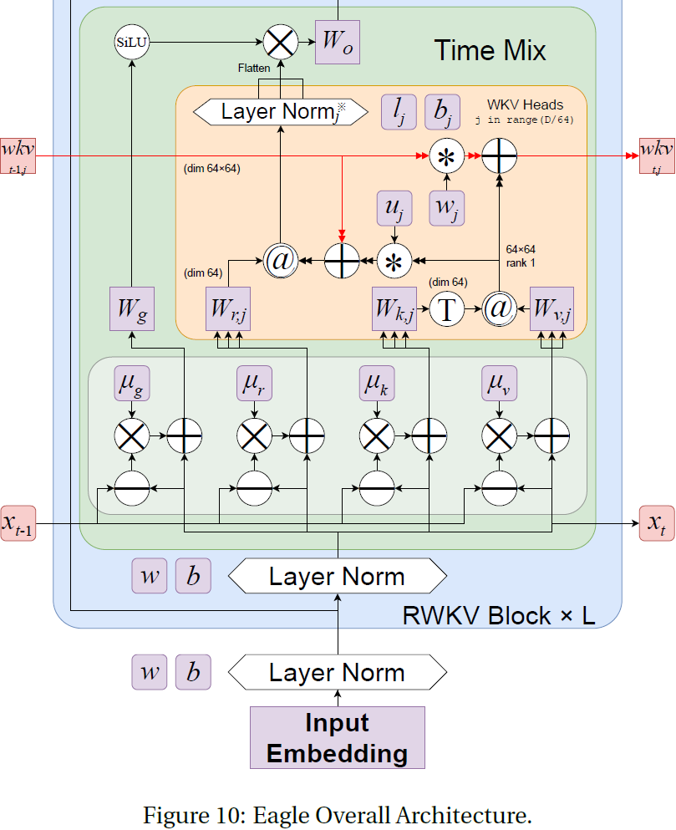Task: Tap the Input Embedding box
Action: (x=338, y=737)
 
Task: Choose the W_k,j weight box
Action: (x=394, y=309)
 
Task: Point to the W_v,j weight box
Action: (x=551, y=309)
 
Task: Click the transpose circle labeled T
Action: (x=449, y=309)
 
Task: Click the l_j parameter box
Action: (x=399, y=112)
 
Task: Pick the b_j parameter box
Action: (x=443, y=112)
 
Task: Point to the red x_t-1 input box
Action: (x=18, y=523)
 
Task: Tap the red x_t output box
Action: (x=657, y=523)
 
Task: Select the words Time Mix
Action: (x=489, y=51)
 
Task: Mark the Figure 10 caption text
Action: (x=338, y=814)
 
